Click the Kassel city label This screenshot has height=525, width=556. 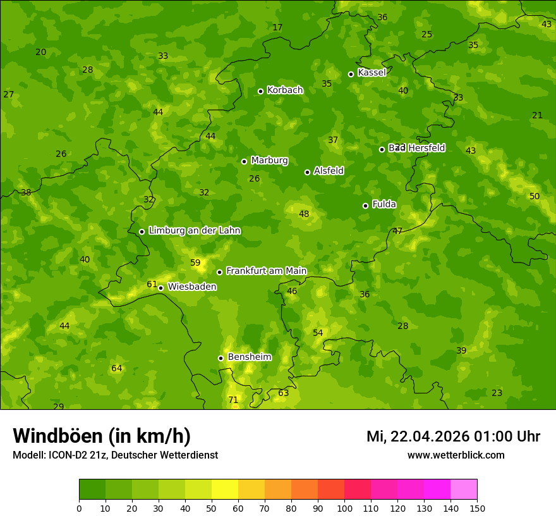tap(372, 73)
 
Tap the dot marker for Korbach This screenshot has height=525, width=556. tap(260, 91)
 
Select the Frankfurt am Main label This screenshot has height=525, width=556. tap(266, 271)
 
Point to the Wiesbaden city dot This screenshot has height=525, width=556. tap(160, 288)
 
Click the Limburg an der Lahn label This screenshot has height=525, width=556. tap(194, 230)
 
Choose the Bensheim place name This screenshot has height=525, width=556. tap(249, 357)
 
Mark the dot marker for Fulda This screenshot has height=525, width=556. tap(365, 206)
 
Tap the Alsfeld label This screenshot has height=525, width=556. tap(329, 171)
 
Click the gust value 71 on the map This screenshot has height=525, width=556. tap(233, 400)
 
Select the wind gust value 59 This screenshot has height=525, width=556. tap(195, 262)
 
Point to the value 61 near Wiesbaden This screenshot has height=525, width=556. tap(152, 284)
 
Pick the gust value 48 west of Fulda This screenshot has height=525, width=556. tap(304, 214)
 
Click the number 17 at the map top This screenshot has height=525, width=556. tap(277, 27)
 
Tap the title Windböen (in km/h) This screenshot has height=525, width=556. tap(102, 436)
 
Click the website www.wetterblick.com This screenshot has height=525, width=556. tap(456, 455)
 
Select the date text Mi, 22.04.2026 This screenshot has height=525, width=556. tap(418, 436)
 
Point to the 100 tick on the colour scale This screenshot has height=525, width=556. tap(344, 508)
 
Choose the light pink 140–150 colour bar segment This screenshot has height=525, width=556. tap(464, 490)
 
